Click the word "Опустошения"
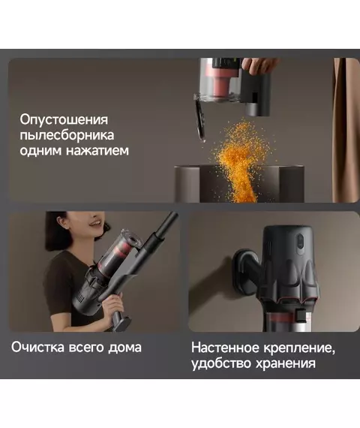coord(64,120)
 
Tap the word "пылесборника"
coord(67,135)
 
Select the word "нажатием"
coord(97,150)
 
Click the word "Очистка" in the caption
coord(37,347)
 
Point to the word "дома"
coord(124,348)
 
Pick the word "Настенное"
coord(225,348)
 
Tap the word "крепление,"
coord(299,348)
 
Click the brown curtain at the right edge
coord(346,131)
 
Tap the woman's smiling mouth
coord(96,224)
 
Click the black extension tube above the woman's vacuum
coord(163,229)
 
